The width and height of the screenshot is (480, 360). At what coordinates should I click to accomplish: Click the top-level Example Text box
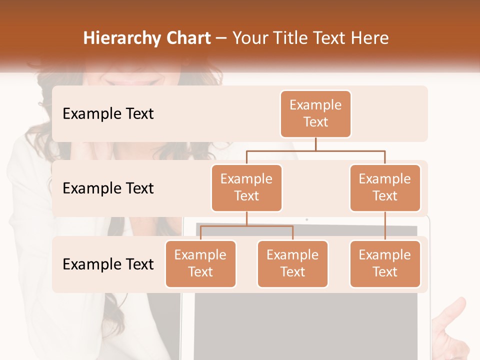click(315, 113)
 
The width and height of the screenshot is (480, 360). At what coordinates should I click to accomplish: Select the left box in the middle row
click(246, 187)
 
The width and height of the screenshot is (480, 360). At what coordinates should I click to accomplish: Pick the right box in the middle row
click(385, 187)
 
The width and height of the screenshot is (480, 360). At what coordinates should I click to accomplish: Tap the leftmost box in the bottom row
click(200, 263)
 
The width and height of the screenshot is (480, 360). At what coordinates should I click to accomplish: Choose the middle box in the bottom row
click(292, 263)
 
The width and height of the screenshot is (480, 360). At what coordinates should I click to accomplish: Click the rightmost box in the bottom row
click(385, 263)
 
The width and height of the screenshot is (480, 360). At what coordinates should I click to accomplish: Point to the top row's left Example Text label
click(108, 113)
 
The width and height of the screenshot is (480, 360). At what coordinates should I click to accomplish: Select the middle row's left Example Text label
click(108, 188)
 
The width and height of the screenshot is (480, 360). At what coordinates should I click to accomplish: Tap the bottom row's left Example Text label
click(108, 264)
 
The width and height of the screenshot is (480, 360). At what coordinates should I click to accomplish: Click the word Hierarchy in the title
click(122, 38)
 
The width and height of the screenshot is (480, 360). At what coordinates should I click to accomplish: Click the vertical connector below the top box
click(315, 144)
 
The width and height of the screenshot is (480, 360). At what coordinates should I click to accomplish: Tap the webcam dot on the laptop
click(306, 219)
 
